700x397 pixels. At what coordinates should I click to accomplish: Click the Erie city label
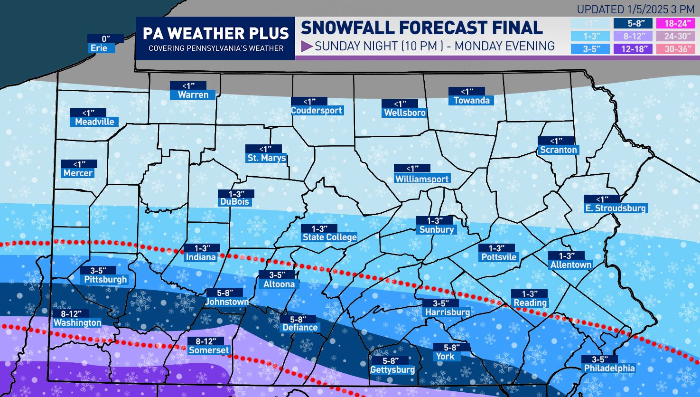tap(99, 48)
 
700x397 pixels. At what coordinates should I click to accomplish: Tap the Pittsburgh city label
tap(105, 279)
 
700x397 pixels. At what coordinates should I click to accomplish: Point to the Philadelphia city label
tap(609, 368)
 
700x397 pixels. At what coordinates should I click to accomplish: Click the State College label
tap(329, 237)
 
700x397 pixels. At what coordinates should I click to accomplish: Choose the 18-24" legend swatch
tap(674, 23)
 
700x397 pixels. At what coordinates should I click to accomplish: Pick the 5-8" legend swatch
tap(633, 23)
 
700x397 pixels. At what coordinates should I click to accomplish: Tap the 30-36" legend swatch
tap(674, 48)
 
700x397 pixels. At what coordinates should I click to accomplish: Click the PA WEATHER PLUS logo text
tap(215, 33)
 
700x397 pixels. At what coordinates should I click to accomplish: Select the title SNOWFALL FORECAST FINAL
tap(421, 28)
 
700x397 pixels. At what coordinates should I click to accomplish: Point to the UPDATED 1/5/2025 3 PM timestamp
tap(635, 9)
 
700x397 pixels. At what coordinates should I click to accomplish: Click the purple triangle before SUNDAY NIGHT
tap(307, 46)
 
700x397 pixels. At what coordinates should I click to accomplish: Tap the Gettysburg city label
tap(392, 369)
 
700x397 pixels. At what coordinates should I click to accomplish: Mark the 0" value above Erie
tap(105, 39)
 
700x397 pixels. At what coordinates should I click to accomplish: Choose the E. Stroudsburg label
tap(615, 208)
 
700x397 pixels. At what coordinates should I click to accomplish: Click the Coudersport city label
tap(317, 110)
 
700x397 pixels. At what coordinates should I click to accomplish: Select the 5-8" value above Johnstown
tap(224, 293)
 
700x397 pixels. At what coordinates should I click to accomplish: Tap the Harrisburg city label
tap(447, 312)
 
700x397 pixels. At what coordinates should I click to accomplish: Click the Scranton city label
tap(559, 150)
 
